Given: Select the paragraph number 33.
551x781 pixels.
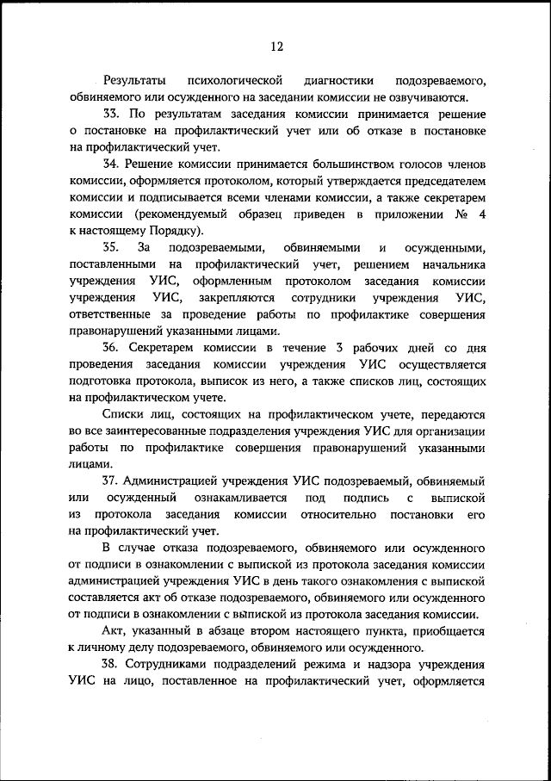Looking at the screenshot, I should pyautogui.click(x=110, y=114).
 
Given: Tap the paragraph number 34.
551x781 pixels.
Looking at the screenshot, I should pyautogui.click(x=110, y=164).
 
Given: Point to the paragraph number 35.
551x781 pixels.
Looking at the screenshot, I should pyautogui.click(x=110, y=247).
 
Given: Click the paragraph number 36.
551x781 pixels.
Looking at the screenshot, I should pyautogui.click(x=110, y=347).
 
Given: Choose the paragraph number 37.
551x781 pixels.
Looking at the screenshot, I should pyautogui.click(x=110, y=480).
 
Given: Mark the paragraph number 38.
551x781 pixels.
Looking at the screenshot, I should pyautogui.click(x=110, y=665).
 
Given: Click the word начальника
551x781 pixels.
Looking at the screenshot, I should pyautogui.click(x=449, y=264).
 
